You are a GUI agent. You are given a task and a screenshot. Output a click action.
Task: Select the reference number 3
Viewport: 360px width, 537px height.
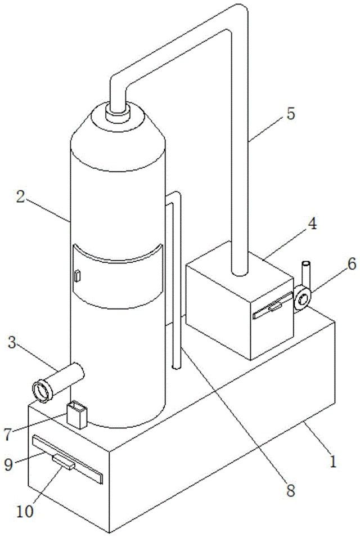[12, 342]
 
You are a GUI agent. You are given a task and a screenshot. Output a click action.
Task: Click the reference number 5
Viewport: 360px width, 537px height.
[291, 113]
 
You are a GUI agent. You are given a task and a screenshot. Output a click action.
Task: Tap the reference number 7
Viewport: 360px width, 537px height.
[8, 434]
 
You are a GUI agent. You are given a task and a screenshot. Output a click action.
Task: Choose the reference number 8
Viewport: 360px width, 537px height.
[291, 491]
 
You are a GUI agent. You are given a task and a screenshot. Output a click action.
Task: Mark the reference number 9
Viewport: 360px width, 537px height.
[9, 464]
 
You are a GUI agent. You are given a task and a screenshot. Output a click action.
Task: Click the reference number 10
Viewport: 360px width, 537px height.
[25, 511]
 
